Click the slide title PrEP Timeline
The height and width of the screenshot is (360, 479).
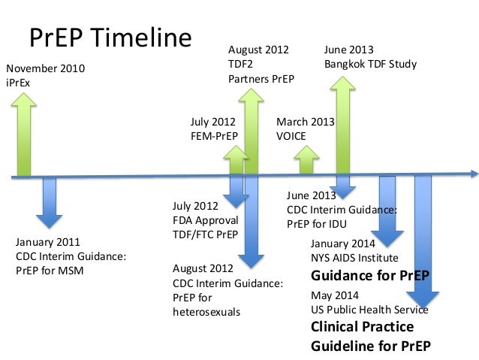110,38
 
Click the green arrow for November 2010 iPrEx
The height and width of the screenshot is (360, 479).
25,135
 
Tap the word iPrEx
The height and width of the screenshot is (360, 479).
30,82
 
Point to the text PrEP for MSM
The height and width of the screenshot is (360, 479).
49,271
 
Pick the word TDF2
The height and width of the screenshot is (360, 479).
240,65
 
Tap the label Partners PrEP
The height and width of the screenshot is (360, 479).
261,79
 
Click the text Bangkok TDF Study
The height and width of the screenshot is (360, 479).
370,65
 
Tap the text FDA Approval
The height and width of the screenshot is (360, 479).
205,220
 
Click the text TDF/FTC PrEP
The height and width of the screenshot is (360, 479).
205,234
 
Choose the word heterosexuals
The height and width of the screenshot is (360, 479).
206,311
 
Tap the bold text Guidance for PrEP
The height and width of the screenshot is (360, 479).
370,275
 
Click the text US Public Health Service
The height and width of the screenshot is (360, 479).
369,310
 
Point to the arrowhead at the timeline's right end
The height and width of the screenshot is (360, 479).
473,174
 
